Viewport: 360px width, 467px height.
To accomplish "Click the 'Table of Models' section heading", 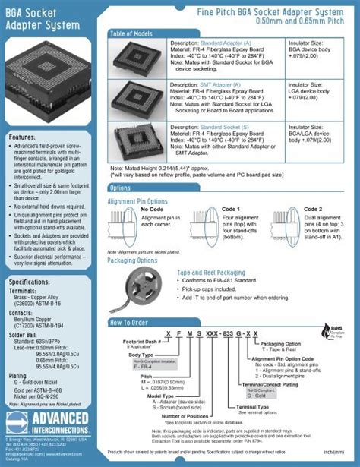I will (x=131, y=34).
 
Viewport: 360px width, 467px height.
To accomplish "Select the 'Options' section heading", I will (x=120, y=188).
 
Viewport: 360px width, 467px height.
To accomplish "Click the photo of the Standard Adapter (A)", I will (x=137, y=58).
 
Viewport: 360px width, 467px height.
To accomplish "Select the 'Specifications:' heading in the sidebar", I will (x=29, y=282).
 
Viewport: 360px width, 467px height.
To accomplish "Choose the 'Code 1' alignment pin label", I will (x=231, y=209).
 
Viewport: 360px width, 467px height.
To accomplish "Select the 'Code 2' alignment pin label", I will (x=313, y=209).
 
